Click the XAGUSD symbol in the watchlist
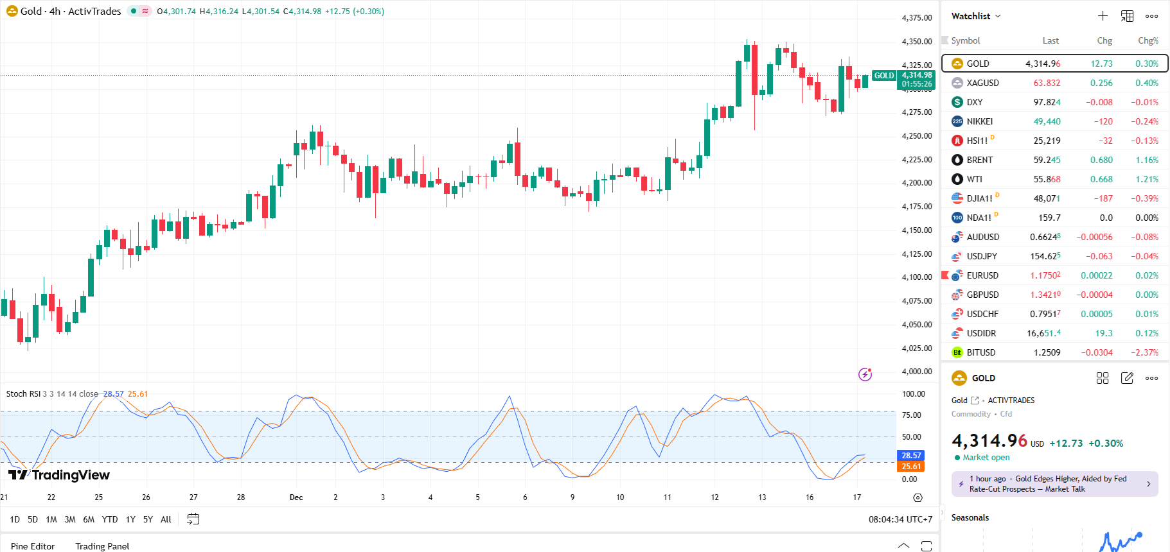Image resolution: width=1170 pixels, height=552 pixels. [982, 83]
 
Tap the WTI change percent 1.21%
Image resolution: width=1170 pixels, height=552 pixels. [1146, 179]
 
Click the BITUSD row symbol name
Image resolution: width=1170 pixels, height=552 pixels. [980, 352]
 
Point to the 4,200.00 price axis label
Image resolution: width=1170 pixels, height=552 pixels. [917, 183]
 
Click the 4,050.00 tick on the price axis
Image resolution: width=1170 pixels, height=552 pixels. [917, 325]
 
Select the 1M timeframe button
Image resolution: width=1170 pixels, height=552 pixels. [51, 519]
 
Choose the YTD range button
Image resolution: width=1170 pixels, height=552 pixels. [110, 519]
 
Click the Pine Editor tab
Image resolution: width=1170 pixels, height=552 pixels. [33, 546]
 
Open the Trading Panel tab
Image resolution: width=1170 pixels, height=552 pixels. [102, 546]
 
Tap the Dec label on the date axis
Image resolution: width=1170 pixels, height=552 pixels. [296, 497]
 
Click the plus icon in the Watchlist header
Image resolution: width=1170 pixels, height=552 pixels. [1103, 16]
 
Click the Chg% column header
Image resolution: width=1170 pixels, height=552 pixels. [1148, 40]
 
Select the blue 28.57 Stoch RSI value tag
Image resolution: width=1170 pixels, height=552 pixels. [911, 456]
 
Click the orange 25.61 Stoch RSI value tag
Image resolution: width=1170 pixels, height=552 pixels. [911, 467]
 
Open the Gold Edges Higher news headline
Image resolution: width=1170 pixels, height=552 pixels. [1054, 484]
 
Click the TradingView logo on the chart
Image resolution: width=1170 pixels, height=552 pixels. [59, 475]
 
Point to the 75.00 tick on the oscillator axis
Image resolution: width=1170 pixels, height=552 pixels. [912, 415]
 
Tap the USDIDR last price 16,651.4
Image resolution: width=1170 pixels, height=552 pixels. [1043, 333]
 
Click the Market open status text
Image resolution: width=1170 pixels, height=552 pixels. [986, 458]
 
